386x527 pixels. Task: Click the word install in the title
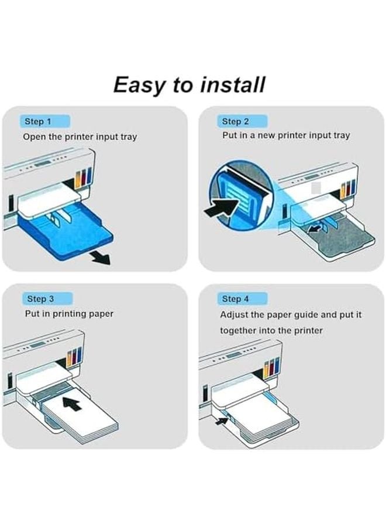(232, 85)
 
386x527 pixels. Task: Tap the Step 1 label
(38, 122)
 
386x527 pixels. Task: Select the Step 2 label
(235, 122)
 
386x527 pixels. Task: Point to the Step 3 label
(40, 299)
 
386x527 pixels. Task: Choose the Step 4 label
(235, 299)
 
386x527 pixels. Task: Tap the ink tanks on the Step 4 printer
(271, 367)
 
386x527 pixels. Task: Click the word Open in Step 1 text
(34, 137)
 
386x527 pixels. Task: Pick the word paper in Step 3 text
(101, 314)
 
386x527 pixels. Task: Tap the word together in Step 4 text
(239, 330)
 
